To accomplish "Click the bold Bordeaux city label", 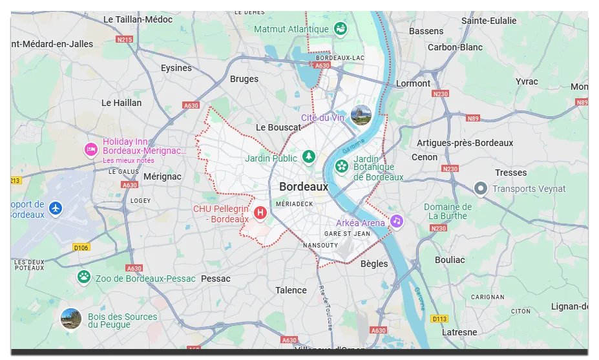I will [304, 187].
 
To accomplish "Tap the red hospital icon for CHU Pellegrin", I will [260, 212].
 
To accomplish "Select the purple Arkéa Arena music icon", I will [396, 221].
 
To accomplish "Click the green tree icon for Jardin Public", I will [310, 157].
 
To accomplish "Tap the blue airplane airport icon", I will [56, 208].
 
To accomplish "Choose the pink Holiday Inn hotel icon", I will [91, 149].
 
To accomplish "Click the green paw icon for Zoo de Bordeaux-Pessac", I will [84, 277].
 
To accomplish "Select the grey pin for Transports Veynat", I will [480, 188].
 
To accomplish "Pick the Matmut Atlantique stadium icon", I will [340, 28].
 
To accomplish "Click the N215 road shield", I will [125, 39].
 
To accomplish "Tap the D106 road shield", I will [81, 248].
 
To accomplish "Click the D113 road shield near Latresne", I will [440, 318].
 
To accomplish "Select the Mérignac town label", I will [162, 176].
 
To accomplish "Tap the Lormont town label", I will [413, 83].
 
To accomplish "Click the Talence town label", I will [291, 290].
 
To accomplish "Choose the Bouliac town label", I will [450, 260].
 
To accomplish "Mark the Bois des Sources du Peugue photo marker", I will [71, 319].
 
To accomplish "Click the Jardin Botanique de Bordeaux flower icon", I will [341, 166].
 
